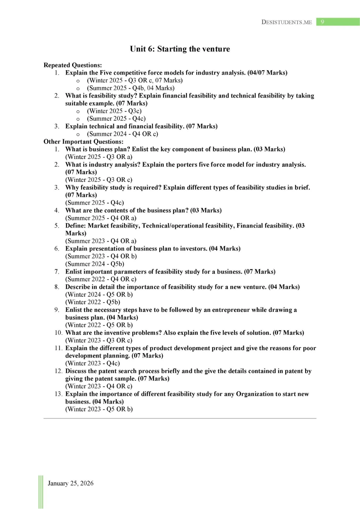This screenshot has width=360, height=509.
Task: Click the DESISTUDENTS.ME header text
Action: (286, 22)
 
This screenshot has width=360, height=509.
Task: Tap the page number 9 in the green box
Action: (322, 22)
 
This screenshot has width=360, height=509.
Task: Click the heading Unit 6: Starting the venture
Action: (180, 49)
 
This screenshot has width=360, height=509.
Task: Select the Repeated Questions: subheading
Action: (72, 65)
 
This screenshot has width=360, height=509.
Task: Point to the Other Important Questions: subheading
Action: (83, 142)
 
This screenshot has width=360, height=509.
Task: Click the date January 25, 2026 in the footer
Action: (70, 483)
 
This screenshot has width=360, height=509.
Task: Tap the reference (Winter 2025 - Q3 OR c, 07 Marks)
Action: (135, 81)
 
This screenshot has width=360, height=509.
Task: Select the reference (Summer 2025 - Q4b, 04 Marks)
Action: (131, 88)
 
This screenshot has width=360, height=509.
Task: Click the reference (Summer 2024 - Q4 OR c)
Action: (123, 134)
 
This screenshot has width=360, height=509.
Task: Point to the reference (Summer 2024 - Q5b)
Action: (95, 264)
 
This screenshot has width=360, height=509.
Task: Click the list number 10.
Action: (58, 333)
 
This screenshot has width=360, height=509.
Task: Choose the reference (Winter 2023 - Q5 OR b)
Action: (99, 409)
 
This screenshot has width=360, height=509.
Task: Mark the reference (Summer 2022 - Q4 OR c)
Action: (101, 279)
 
